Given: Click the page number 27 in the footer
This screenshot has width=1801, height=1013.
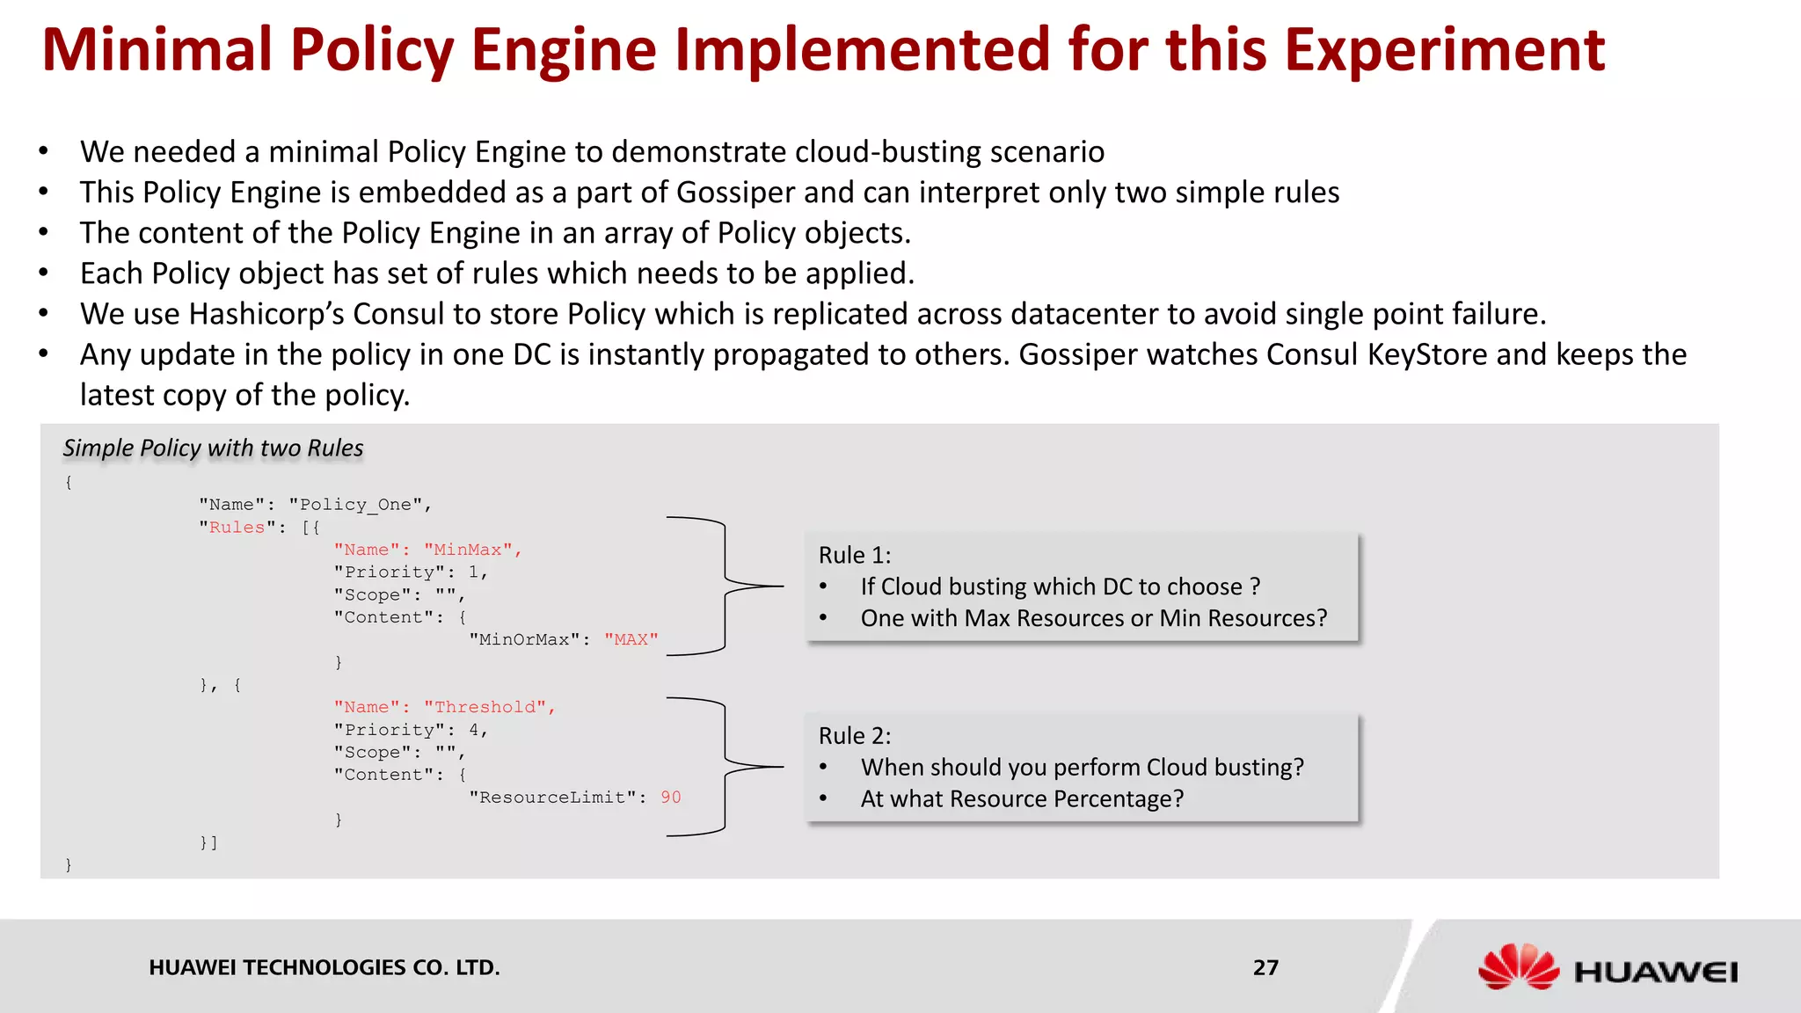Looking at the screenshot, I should (x=1265, y=967).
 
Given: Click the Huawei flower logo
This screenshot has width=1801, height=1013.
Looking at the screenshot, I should (x=1518, y=967).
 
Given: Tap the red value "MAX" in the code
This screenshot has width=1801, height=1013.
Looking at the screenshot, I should (x=631, y=639).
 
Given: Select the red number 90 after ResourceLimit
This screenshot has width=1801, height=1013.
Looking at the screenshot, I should (x=671, y=797).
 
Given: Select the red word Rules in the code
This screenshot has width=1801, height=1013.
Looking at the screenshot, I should (x=237, y=527).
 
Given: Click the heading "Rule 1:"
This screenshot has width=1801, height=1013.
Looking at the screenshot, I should (x=854, y=555).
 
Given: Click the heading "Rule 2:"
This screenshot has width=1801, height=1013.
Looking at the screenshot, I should (x=854, y=735).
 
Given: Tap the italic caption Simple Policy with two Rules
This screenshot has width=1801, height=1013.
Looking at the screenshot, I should (x=213, y=448).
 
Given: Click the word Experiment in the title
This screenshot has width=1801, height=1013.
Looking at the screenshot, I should (x=1444, y=50).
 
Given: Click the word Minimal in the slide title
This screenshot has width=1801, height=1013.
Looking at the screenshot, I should (x=157, y=50).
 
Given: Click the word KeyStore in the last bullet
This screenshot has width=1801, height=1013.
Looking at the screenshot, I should (x=1429, y=354).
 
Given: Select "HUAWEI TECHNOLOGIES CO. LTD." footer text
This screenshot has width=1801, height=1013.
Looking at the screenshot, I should (x=324, y=967).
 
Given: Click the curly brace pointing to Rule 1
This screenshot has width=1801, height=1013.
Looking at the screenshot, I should (x=726, y=586).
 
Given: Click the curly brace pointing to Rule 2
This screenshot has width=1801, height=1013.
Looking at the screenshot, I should (x=726, y=767).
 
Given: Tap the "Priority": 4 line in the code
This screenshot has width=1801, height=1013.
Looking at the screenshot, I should (x=410, y=730).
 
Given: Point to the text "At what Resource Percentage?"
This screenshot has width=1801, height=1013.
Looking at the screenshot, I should (x=1022, y=798).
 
